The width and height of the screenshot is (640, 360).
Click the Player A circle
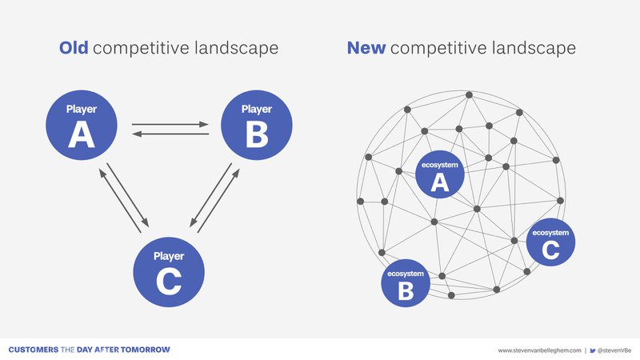82,125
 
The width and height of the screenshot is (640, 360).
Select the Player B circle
256,125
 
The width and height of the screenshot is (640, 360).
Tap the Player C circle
169,272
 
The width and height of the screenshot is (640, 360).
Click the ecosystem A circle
439,174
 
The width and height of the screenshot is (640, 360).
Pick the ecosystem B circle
406,283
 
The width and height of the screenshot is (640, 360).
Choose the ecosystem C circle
550,242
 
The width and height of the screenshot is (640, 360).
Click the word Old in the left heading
74,48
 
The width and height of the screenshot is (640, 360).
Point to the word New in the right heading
366,48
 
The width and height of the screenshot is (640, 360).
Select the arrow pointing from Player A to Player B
170,124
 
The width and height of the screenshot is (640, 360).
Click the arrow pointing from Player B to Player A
170,134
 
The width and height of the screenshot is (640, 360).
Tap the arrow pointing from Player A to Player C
128,195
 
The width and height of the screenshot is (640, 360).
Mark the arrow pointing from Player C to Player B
218,201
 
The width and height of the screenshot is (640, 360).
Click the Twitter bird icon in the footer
593,350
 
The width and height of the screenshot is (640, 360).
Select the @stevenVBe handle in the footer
614,350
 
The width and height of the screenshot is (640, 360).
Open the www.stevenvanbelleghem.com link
539,350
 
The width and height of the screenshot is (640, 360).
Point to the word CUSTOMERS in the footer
34,350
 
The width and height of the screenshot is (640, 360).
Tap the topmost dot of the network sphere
469,94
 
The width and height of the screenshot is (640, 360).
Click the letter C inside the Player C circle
169,281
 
